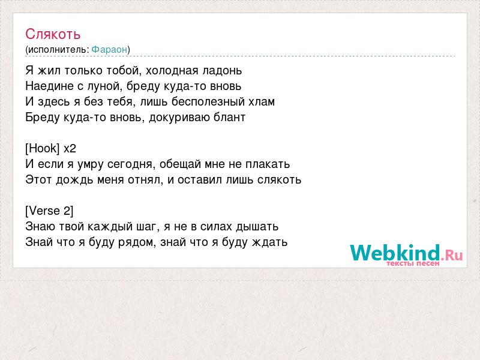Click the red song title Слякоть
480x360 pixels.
tap(53, 34)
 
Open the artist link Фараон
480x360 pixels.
tap(109, 49)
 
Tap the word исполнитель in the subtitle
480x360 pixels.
tap(57, 50)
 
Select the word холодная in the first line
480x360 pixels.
tap(172, 71)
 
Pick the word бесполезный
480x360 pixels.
tap(208, 101)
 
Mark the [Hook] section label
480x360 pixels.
tap(42, 148)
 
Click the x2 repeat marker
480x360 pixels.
tap(70, 149)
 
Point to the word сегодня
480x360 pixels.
tap(130, 164)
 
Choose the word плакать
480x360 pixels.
tap(268, 164)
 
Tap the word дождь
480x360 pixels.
tap(74, 180)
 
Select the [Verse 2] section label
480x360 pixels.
tap(49, 211)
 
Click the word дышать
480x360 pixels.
tap(257, 227)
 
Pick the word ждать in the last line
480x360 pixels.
tap(269, 242)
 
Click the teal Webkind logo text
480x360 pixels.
tap(395, 253)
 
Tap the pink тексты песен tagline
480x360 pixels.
tap(413, 263)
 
